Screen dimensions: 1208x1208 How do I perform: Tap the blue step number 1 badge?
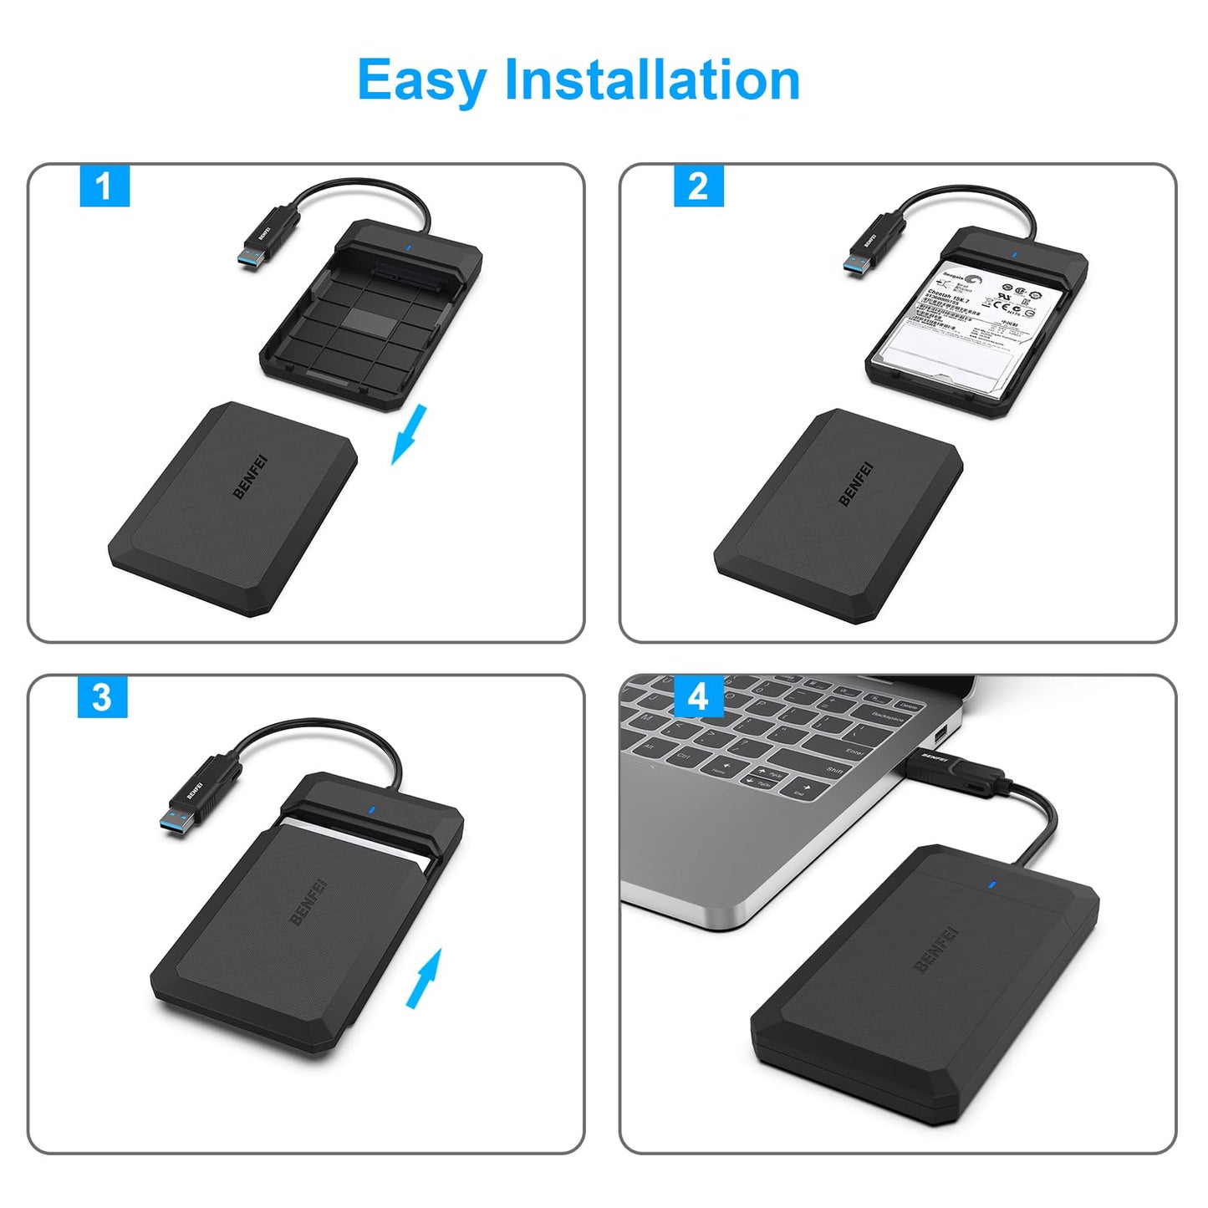104,186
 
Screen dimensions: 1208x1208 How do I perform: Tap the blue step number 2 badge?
698,186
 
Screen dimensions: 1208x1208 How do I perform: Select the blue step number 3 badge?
102,696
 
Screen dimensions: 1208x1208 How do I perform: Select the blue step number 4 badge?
698,696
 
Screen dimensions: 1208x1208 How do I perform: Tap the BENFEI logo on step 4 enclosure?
935,950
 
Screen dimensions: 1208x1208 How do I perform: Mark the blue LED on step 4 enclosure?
991,885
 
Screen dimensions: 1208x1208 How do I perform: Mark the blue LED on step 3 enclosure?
370,809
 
